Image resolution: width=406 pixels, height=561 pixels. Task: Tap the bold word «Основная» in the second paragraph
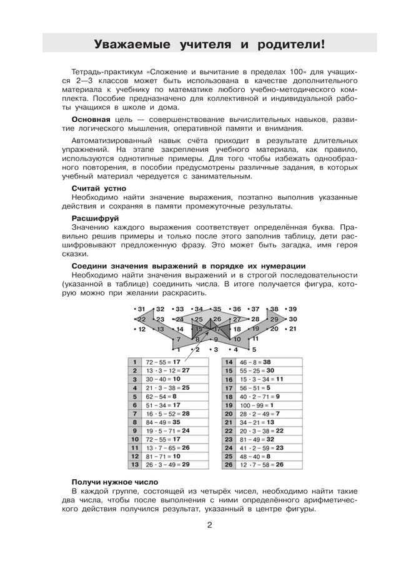[x=91, y=119]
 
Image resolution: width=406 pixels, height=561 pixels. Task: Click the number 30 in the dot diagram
[x=292, y=319]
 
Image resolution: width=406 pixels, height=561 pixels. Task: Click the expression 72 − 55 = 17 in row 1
[x=164, y=362]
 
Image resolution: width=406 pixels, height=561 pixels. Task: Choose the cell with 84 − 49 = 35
[x=164, y=422]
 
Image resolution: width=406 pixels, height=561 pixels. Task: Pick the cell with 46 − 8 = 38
[x=257, y=362]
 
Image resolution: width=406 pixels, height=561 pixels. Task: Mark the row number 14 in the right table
[x=229, y=362]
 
